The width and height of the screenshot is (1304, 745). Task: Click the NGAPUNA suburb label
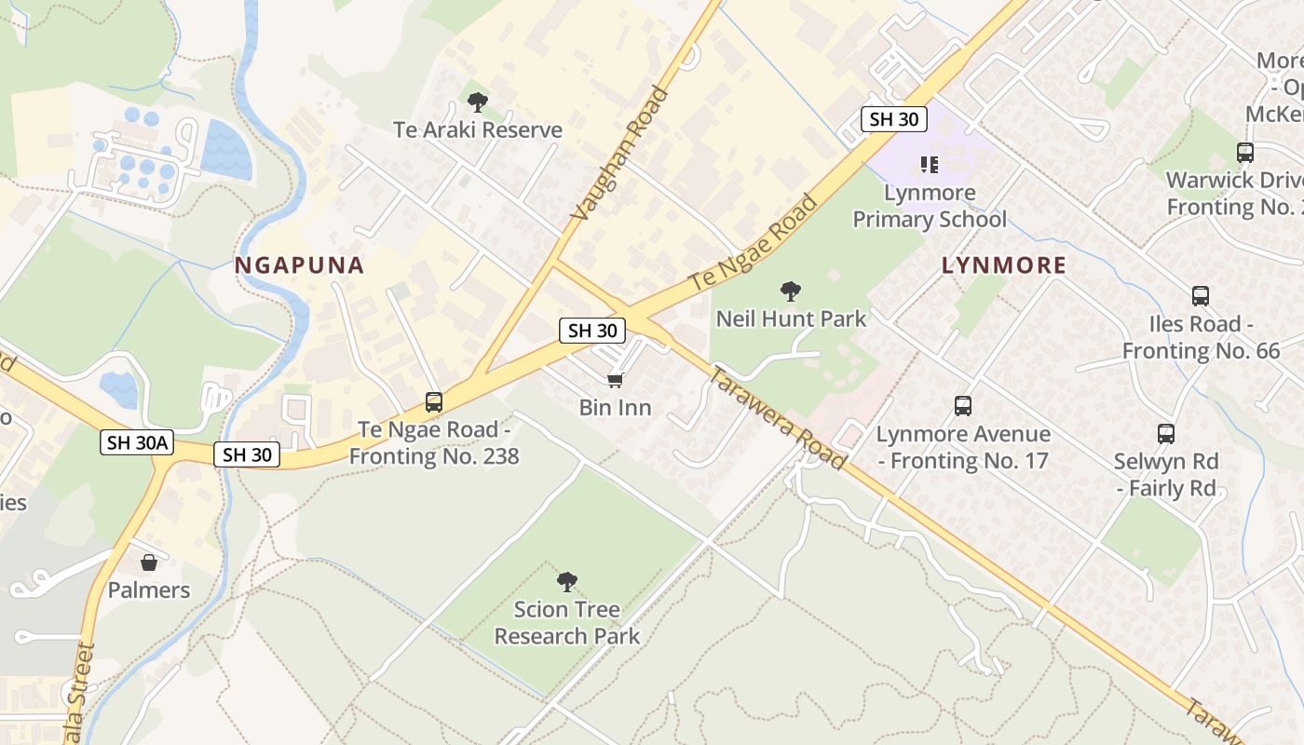(x=299, y=265)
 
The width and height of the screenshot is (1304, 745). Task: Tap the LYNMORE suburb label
(x=1003, y=265)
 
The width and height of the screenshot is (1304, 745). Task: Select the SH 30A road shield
(x=137, y=442)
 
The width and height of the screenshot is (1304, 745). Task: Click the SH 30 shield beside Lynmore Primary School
(x=894, y=119)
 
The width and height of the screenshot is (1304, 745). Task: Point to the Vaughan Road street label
(x=620, y=154)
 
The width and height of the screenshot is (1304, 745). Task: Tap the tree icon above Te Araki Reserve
(x=478, y=102)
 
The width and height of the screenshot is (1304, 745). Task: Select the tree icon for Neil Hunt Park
(x=791, y=291)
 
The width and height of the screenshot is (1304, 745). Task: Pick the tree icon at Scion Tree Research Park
(x=566, y=583)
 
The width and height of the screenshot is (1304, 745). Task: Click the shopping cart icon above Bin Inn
(x=615, y=380)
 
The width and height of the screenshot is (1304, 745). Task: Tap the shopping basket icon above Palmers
(x=148, y=562)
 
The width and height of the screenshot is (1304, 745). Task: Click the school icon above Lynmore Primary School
(x=929, y=165)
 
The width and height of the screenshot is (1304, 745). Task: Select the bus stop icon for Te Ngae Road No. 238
(x=434, y=402)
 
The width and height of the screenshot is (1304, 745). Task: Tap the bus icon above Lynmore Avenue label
(x=963, y=406)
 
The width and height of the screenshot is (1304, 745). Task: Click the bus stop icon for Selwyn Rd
(x=1166, y=433)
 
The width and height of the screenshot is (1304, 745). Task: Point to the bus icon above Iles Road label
(x=1201, y=296)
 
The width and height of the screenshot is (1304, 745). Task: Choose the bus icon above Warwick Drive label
(x=1245, y=153)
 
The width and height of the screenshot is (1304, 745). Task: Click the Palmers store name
(x=149, y=590)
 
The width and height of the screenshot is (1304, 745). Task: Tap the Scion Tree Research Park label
(x=567, y=623)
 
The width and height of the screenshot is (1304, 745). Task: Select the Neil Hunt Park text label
(x=791, y=318)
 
